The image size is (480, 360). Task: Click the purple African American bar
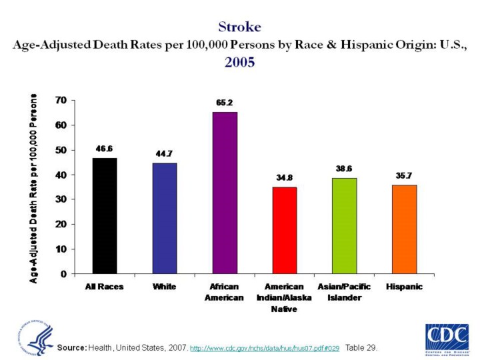[225, 193]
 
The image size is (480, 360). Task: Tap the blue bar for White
[165, 218]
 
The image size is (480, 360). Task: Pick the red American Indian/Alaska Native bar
[285, 230]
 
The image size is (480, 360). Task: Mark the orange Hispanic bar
[403, 229]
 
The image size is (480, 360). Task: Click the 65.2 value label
[225, 103]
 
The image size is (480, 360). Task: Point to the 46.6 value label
[105, 149]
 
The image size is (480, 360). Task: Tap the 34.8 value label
[285, 178]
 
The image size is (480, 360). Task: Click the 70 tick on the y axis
[60, 101]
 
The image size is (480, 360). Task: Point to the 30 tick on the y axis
[60, 199]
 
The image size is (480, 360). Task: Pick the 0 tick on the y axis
[63, 274]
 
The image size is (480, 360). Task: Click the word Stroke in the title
[239, 27]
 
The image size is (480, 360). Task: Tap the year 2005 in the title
[239, 62]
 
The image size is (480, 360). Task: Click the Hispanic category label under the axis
[403, 287]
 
